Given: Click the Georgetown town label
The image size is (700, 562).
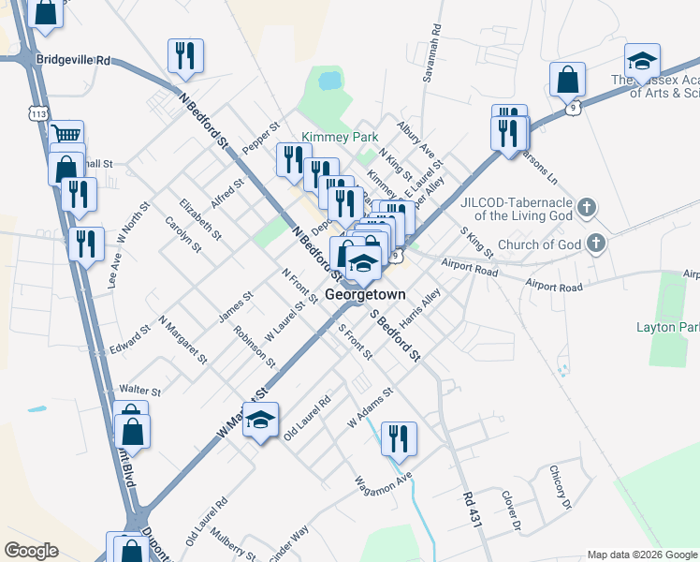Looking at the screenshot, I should (x=366, y=294).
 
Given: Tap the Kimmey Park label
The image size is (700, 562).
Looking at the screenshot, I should (x=340, y=137).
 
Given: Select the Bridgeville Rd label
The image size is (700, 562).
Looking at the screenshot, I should (x=73, y=60).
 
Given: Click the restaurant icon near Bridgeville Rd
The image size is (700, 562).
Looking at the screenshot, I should (x=184, y=55).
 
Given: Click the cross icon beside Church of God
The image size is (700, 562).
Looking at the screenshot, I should (x=594, y=244).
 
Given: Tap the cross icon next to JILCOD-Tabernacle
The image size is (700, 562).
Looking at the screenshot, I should (x=587, y=206).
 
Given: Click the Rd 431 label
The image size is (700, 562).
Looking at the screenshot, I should (x=470, y=511).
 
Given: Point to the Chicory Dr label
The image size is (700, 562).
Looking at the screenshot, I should (x=560, y=487).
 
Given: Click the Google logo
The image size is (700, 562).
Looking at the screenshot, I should (x=31, y=551).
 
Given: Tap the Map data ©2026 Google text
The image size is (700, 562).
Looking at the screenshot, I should (x=641, y=555).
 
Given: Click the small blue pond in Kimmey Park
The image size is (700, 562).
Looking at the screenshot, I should (x=329, y=81).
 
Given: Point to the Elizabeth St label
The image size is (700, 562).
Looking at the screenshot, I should (x=201, y=217).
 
